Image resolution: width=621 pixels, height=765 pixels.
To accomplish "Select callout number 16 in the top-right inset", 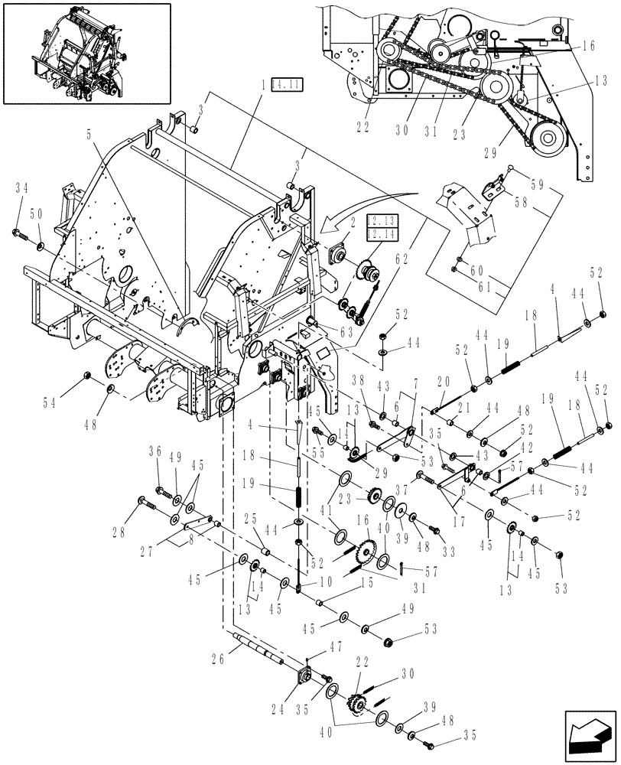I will tap(587, 47).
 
